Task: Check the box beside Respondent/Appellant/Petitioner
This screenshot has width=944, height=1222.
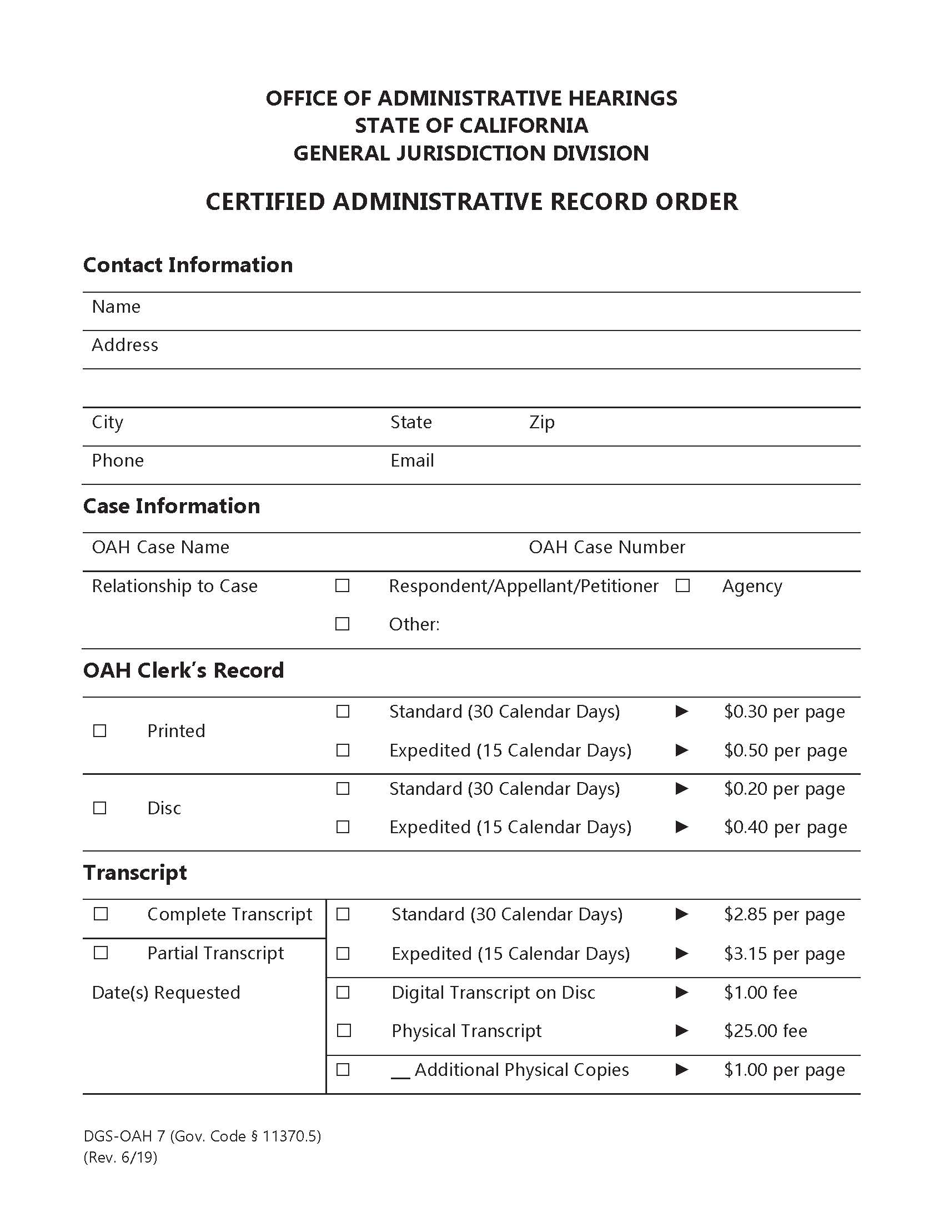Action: (342, 586)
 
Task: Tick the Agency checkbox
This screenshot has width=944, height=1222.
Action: (682, 586)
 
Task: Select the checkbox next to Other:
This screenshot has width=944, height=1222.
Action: (342, 624)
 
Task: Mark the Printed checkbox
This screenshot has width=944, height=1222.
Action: (99, 731)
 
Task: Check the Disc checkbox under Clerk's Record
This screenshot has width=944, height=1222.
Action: (99, 808)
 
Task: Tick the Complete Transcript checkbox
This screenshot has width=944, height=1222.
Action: (101, 914)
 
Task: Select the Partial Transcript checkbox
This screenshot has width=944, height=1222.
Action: (101, 953)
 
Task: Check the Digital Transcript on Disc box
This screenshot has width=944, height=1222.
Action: (343, 993)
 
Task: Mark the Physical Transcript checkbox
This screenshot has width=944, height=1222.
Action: (343, 1030)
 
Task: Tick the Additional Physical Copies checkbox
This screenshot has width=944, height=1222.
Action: (343, 1070)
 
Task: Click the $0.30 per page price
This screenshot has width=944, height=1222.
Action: (784, 712)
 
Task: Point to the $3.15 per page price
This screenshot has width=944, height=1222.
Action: (784, 953)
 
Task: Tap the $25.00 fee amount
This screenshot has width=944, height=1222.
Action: (765, 1030)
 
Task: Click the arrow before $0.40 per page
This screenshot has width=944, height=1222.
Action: (682, 827)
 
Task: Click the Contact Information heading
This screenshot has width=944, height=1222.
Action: (188, 265)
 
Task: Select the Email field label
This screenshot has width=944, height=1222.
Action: (412, 460)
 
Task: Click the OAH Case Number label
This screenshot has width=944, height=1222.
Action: (607, 547)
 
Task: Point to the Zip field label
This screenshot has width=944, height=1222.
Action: (542, 423)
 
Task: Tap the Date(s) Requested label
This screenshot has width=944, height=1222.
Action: (166, 993)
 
